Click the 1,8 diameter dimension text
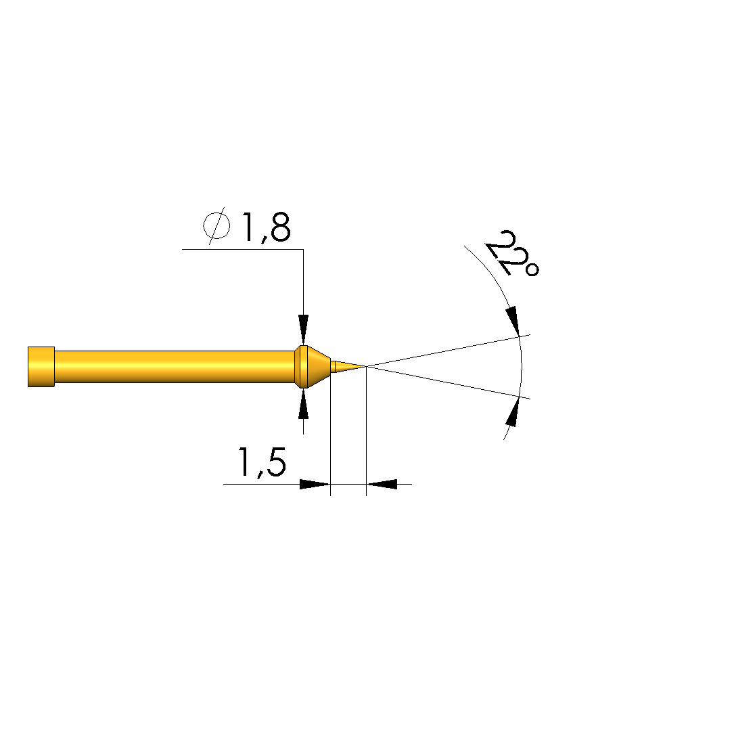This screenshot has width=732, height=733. click(266, 227)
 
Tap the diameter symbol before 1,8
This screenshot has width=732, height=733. click(216, 226)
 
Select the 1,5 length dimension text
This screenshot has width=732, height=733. click(262, 462)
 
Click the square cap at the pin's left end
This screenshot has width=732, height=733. click(41, 367)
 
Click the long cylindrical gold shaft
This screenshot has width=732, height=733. click(175, 367)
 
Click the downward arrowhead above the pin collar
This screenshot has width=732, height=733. click(304, 330)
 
